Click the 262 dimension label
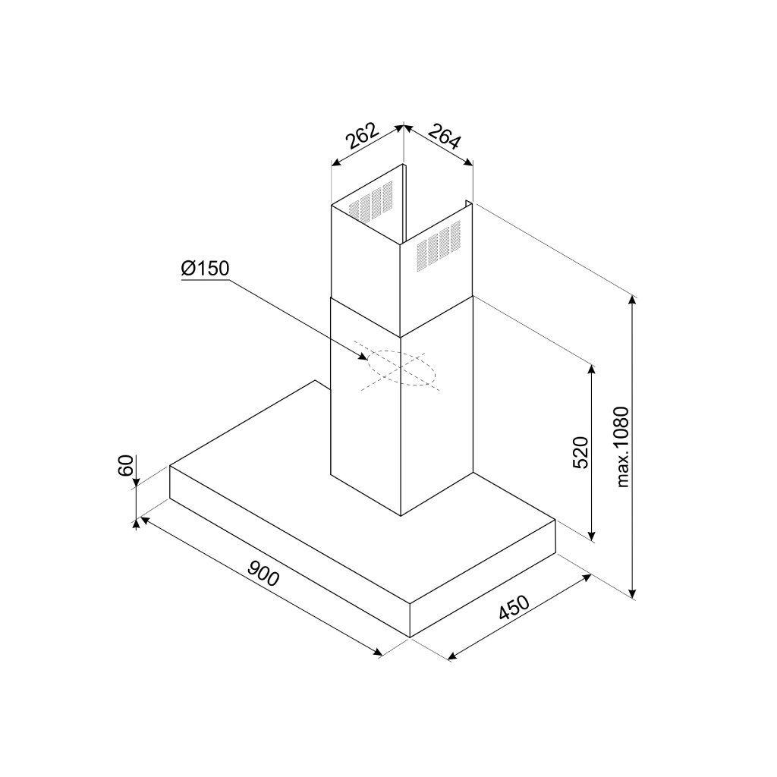363,138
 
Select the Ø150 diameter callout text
205,269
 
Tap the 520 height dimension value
580,453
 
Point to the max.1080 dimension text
623,447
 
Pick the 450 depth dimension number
514,609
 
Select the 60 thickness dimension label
127,464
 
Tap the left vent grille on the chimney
369,202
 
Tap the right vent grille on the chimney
439,244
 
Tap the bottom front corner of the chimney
401,514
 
